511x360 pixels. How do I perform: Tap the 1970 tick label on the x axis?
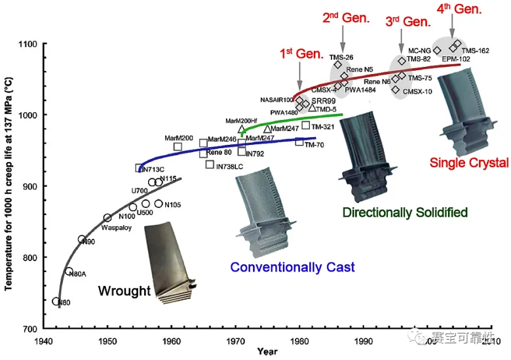[236, 341]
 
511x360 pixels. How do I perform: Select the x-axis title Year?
[267, 352]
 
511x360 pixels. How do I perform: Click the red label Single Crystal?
[468, 163]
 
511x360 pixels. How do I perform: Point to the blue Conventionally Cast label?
[292, 267]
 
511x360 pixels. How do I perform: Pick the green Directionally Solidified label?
[405, 212]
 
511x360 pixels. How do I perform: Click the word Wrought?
[125, 290]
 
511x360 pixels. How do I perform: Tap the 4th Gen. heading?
[459, 9]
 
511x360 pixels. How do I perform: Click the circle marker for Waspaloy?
[107, 218]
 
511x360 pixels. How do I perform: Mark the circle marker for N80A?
[69, 271]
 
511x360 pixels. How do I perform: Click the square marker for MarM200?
[178, 146]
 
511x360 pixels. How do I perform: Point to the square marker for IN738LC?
[210, 165]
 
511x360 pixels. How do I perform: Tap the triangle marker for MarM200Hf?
[241, 130]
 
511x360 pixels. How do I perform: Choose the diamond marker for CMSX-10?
[396, 90]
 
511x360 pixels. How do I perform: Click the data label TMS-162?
[475, 50]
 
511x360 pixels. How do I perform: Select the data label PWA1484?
[360, 90]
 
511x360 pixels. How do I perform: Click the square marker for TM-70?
[299, 142]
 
